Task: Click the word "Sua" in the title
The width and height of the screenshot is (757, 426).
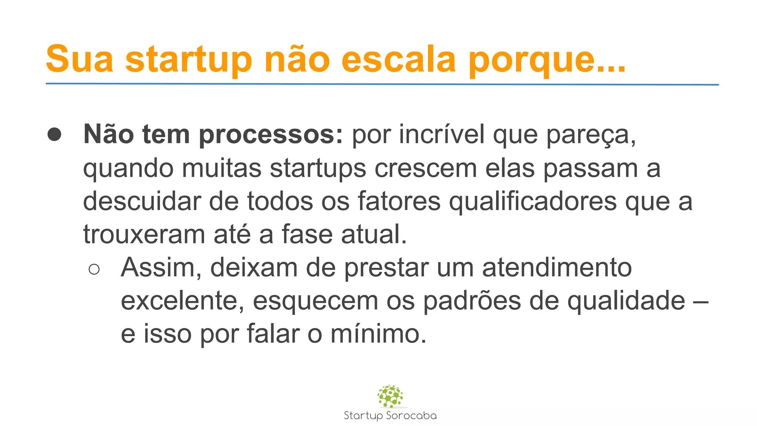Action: pyautogui.click(x=79, y=59)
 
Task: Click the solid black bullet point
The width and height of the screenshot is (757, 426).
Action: pyautogui.click(x=54, y=135)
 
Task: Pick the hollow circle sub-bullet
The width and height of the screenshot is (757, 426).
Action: pyautogui.click(x=94, y=269)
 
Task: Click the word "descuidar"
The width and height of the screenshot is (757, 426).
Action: pyautogui.click(x=142, y=202)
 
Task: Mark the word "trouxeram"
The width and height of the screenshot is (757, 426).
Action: pyautogui.click(x=144, y=234)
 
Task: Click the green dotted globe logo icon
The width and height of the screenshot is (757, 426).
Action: pyautogui.click(x=390, y=396)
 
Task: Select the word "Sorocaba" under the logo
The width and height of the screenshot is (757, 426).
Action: pyautogui.click(x=411, y=416)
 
